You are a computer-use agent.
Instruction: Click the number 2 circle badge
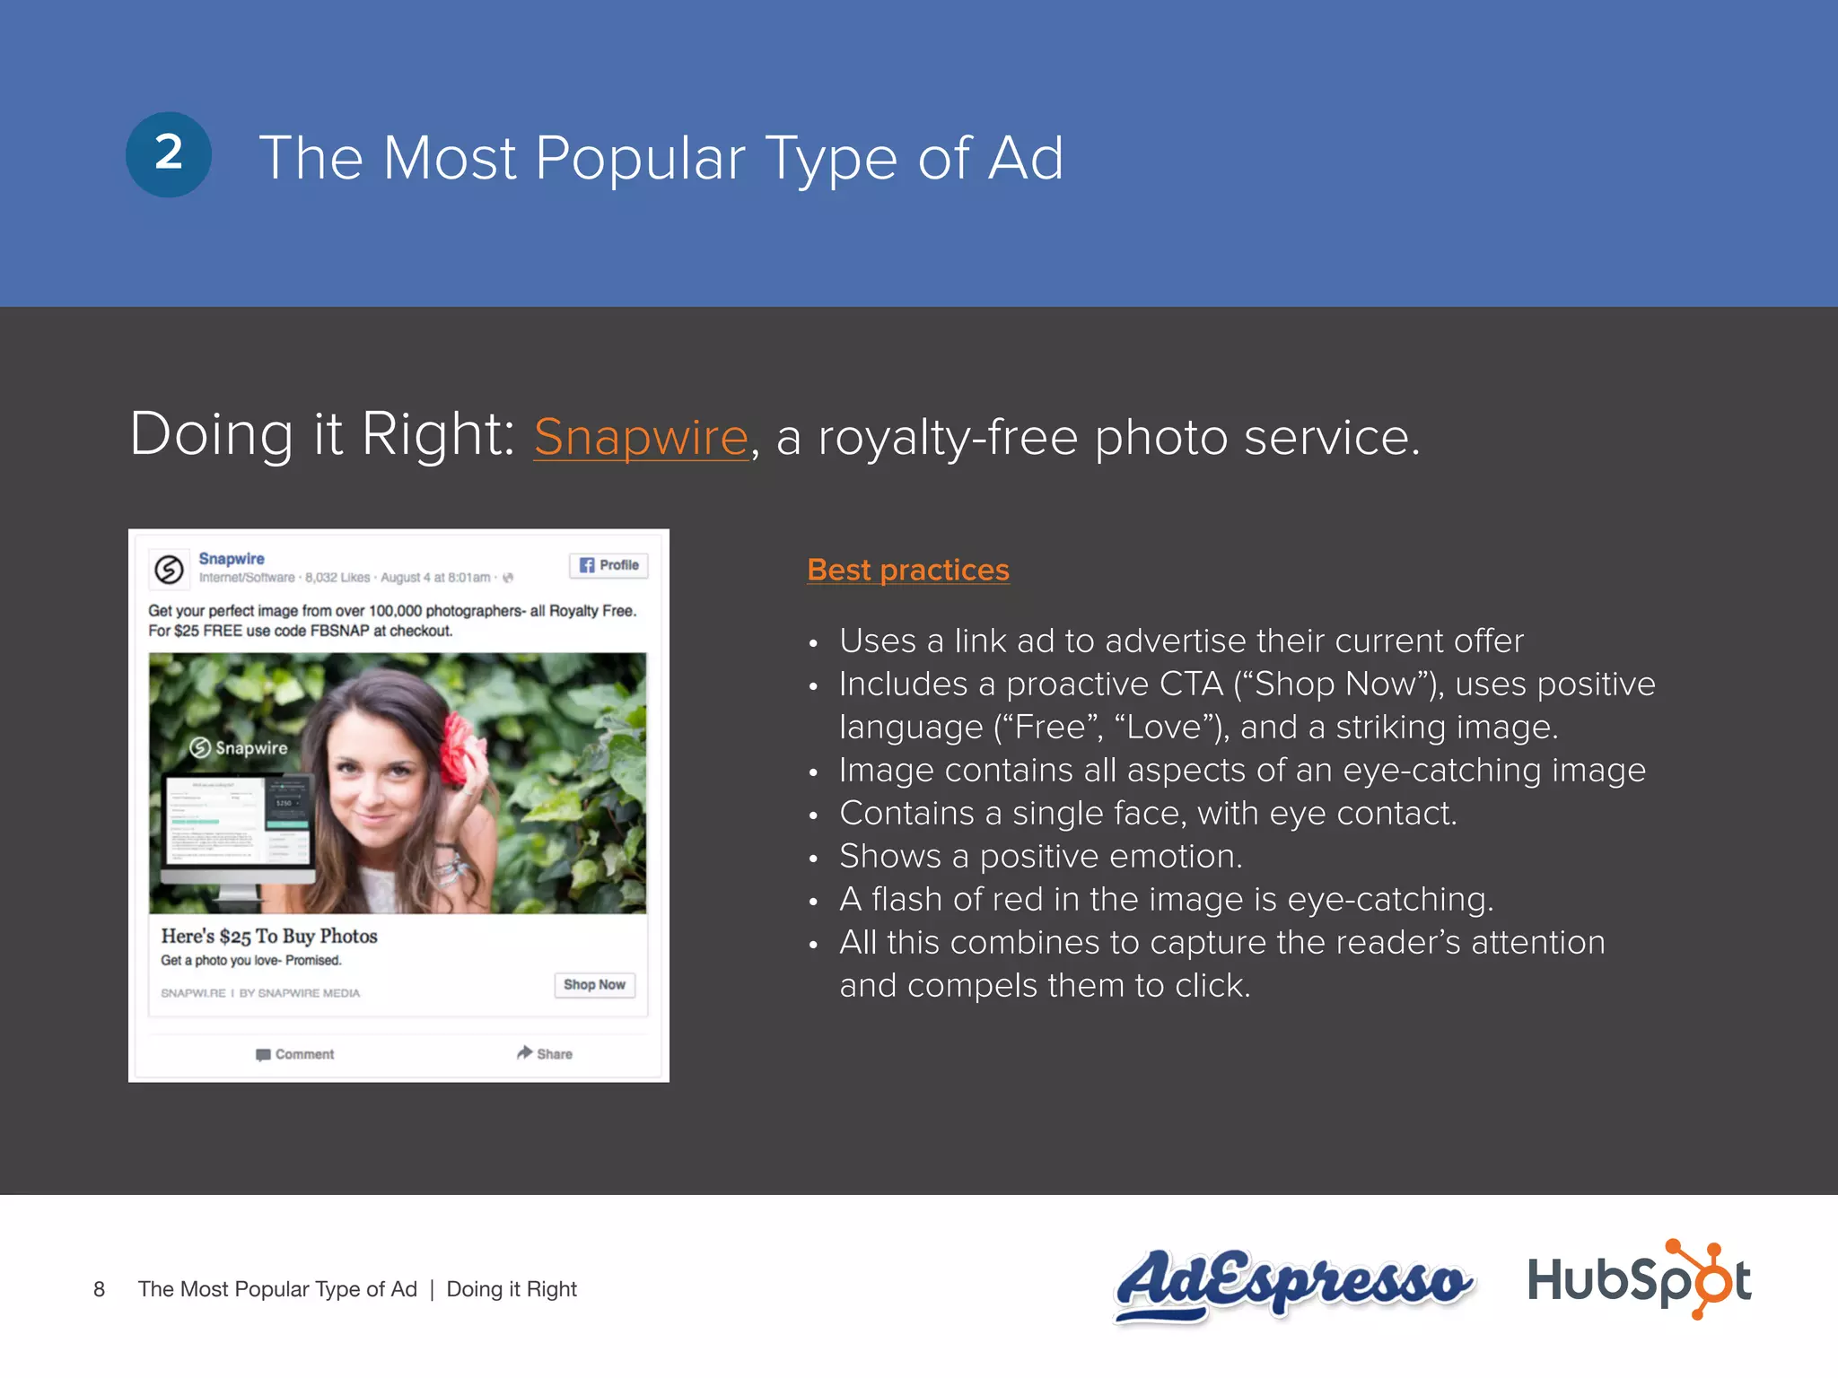coord(169,154)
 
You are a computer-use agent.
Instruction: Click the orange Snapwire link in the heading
coord(641,438)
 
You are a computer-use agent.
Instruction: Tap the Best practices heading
coord(908,570)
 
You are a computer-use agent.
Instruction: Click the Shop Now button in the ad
coord(594,985)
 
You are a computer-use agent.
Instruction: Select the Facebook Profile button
coord(608,565)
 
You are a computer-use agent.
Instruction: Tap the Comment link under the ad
coord(295,1054)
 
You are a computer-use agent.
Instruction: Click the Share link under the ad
coord(545,1053)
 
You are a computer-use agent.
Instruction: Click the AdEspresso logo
coord(1292,1283)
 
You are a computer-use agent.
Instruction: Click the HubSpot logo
coord(1639,1280)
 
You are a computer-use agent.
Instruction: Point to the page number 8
coord(99,1290)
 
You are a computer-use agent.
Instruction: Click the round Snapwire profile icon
coord(169,569)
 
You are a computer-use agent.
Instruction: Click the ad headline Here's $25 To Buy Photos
coord(269,937)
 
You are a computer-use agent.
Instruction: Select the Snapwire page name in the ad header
coord(232,559)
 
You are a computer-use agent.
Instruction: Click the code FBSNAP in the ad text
coord(339,631)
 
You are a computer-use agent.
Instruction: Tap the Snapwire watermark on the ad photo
coord(239,748)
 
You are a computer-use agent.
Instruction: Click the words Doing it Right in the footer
coord(512,1290)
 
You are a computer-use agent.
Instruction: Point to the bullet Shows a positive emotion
coord(1041,857)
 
